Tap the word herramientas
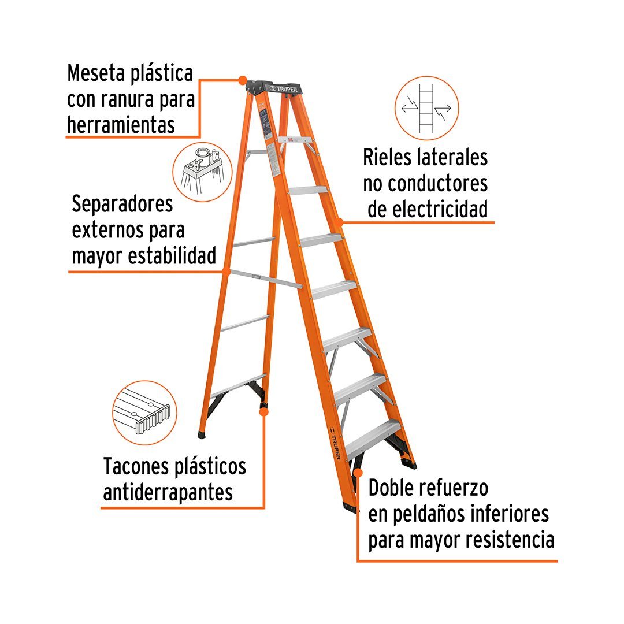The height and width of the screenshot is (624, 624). (x=121, y=124)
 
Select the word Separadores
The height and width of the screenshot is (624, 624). (x=122, y=205)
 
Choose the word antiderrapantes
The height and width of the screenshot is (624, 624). (x=168, y=492)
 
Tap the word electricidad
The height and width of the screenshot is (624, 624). (x=428, y=209)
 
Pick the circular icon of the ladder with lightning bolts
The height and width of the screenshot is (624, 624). (x=426, y=108)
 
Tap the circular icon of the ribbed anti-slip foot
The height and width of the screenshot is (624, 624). (x=143, y=413)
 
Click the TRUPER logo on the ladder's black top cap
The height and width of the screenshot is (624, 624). (x=283, y=88)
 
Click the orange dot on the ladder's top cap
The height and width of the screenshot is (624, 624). (x=242, y=79)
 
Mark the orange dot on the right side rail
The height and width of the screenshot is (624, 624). (x=340, y=221)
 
